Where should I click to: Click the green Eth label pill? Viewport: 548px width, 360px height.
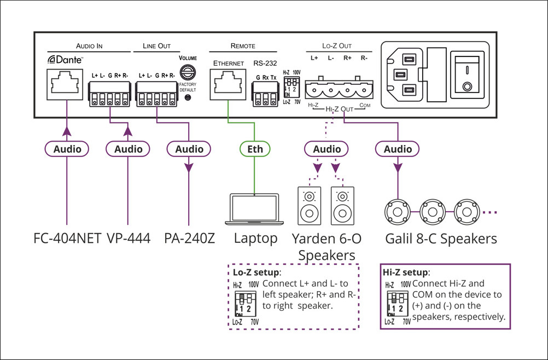255,149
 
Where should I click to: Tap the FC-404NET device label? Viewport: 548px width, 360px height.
67,239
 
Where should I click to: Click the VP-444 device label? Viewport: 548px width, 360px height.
128,239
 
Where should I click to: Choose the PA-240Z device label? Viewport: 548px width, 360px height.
189,239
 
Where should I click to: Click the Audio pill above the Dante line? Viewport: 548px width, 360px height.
67,149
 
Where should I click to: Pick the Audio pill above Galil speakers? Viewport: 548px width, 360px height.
398,149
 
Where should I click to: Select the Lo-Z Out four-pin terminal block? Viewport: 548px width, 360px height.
337,86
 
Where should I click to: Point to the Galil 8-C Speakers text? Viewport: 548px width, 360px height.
441,239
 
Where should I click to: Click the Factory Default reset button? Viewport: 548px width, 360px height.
188,97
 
